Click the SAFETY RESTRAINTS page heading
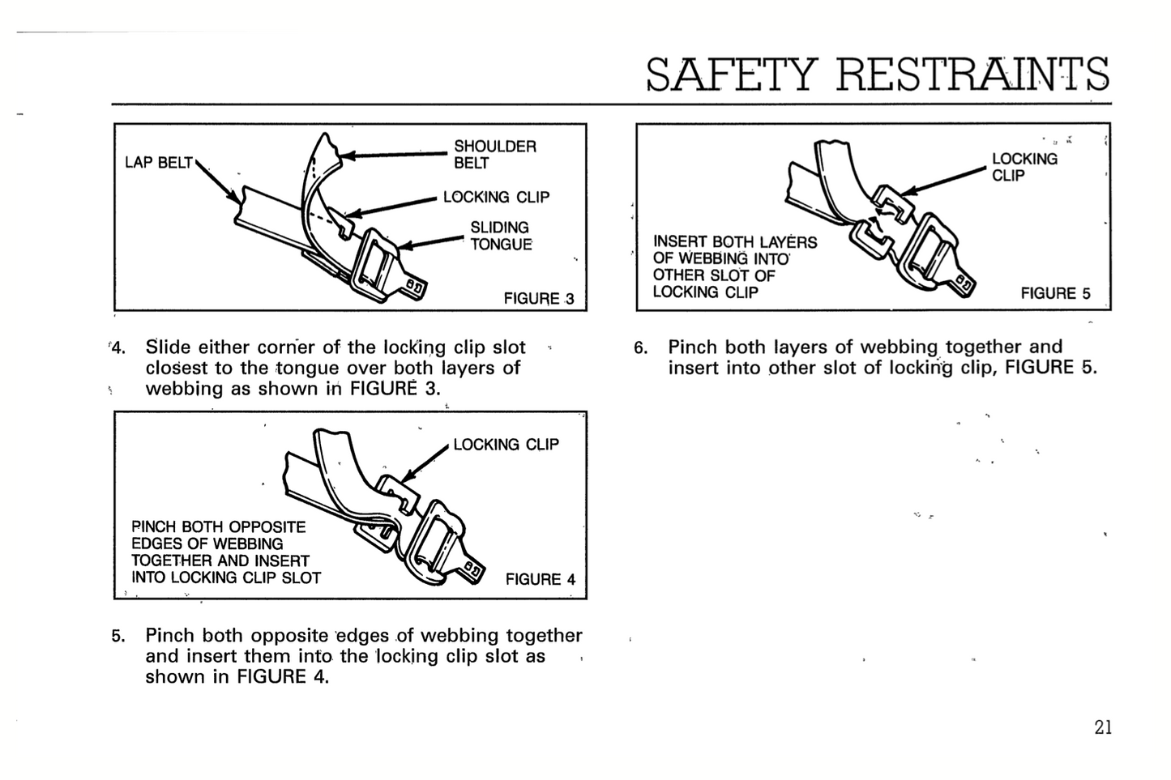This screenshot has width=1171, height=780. [878, 74]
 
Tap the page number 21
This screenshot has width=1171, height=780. [1103, 727]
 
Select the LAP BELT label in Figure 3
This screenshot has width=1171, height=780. [159, 163]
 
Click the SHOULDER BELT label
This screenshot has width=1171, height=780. [495, 155]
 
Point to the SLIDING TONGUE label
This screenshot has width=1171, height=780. [501, 236]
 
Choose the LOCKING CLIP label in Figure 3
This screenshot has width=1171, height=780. [497, 197]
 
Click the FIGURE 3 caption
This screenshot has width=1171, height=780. [539, 298]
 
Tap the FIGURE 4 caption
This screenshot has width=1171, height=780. [541, 579]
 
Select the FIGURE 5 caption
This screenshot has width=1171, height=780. [1056, 293]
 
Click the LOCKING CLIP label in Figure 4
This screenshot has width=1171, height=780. [506, 445]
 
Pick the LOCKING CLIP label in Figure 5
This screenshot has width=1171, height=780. [1024, 167]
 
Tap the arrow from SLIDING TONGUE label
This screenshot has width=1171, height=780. [432, 242]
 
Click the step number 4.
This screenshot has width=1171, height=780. [118, 347]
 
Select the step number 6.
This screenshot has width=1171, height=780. [641, 347]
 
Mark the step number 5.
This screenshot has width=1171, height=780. [118, 636]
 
